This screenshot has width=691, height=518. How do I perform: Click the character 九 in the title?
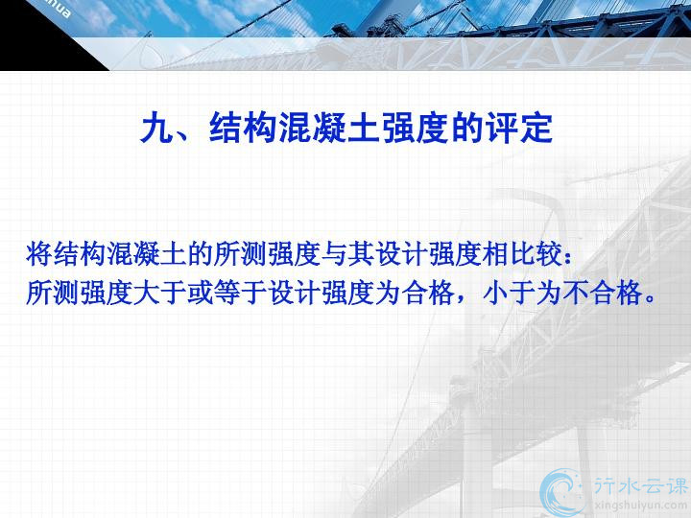(x=156, y=128)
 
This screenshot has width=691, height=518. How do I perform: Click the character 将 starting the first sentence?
(x=39, y=254)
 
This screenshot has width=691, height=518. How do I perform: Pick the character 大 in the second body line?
(x=146, y=293)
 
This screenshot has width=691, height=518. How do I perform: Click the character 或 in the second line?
(x=200, y=293)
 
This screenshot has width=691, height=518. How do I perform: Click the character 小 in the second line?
(x=496, y=293)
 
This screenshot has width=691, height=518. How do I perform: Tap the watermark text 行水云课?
(x=641, y=485)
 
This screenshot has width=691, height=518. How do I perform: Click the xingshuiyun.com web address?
(x=641, y=506)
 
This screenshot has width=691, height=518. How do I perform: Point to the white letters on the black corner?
(x=58, y=7)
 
